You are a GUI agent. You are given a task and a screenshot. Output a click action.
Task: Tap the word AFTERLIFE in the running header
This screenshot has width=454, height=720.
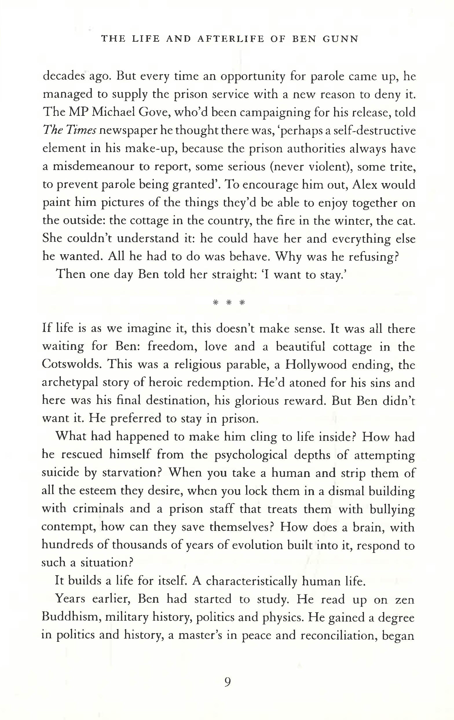pos(231,39)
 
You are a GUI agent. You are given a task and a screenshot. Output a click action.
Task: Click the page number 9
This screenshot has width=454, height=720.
pos(227,682)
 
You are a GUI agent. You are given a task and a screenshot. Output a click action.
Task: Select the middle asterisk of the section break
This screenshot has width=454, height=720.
pos(228,302)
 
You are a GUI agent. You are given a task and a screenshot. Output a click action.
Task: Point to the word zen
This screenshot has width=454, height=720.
pos(405,599)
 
